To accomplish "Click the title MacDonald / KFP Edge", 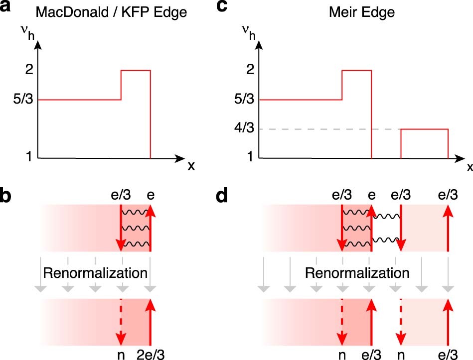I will (116, 12).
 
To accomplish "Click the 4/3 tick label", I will (245, 129).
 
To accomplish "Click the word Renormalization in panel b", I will (95, 273).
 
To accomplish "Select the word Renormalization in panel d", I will (357, 273).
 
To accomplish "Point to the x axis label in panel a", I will (191, 166).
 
